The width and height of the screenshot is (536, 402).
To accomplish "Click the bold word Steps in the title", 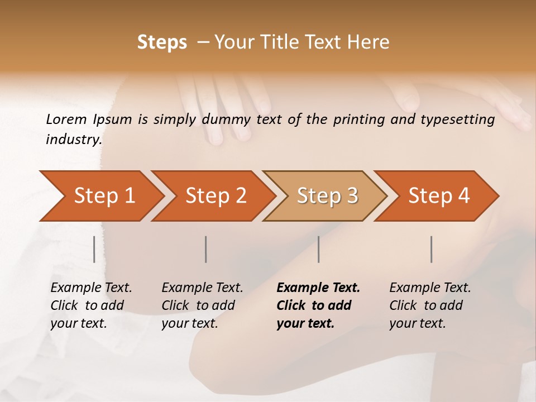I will coord(162,42).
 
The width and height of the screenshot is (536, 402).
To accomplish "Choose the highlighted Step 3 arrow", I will coord(327,195).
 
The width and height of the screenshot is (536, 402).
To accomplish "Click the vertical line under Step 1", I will coord(94,249).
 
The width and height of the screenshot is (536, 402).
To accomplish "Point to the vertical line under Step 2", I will coord(206,249).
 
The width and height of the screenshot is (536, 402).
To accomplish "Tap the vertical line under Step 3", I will coord(318,249).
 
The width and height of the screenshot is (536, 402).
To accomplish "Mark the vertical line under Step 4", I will coord(431,249).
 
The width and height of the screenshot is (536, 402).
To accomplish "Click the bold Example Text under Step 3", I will coord(318,288).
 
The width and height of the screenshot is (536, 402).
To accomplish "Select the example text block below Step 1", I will coord(91,305).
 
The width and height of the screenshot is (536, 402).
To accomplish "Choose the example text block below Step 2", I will coord(202,305).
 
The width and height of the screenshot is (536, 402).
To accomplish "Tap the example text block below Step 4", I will coord(430,305).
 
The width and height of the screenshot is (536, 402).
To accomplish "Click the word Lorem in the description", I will coord(66,119).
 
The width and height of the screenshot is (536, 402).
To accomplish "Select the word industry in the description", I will coord(74,139).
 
